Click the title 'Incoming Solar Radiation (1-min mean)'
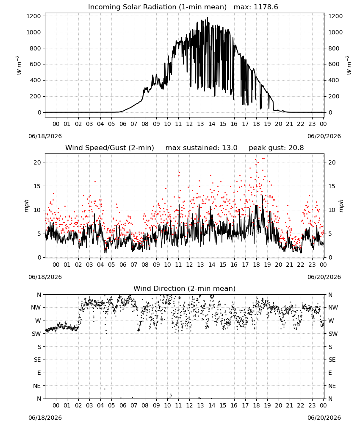pyautogui.click(x=157, y=7)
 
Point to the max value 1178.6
pyautogui.click(x=266, y=7)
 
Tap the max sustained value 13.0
pyautogui.click(x=230, y=148)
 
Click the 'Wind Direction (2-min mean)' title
pyautogui.click(x=185, y=288)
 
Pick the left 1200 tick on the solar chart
pyautogui.click(x=34, y=16)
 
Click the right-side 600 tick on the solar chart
pyautogui.click(x=334, y=64)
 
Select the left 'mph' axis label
pyautogui.click(x=26, y=206)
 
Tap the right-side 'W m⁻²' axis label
pyautogui.click(x=349, y=65)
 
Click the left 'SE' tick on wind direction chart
pyautogui.click(x=37, y=360)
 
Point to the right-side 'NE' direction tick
pyautogui.click(x=332, y=386)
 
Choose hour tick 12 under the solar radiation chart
pyautogui.click(x=189, y=124)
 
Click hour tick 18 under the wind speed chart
pyautogui.click(x=256, y=265)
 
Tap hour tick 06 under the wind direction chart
pyautogui.click(x=122, y=406)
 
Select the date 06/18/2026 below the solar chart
pyautogui.click(x=45, y=136)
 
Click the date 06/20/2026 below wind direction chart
pyautogui.click(x=324, y=418)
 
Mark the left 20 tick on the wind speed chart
pyautogui.click(x=38, y=162)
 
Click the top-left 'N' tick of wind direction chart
pyautogui.click(x=39, y=295)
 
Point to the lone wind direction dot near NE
pyautogui.click(x=105, y=389)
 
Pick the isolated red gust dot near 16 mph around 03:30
pyautogui.click(x=95, y=182)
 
